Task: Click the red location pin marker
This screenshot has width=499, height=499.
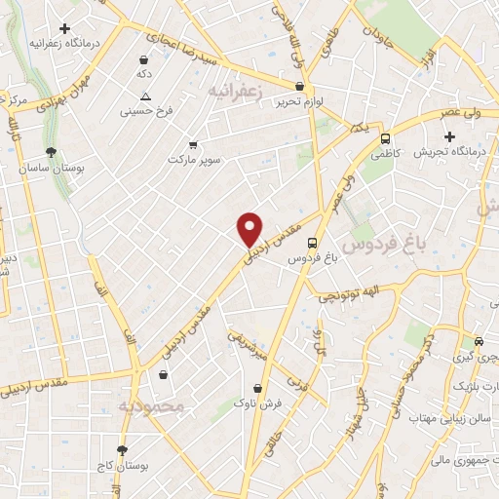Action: click(x=250, y=228)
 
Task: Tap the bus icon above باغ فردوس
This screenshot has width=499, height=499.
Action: click(x=312, y=243)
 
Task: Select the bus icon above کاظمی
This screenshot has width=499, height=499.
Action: click(x=386, y=138)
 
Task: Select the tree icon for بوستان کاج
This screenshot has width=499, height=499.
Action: click(x=122, y=450)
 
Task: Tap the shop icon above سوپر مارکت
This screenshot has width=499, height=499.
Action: click(x=192, y=143)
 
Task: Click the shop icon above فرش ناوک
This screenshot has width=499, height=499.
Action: click(x=256, y=388)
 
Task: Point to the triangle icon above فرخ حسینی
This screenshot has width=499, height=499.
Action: click(x=145, y=96)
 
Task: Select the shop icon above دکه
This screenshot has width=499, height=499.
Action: click(x=144, y=59)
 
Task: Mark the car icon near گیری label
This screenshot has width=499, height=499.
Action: click(x=479, y=342)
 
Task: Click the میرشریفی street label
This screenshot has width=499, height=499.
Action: click(x=249, y=345)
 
